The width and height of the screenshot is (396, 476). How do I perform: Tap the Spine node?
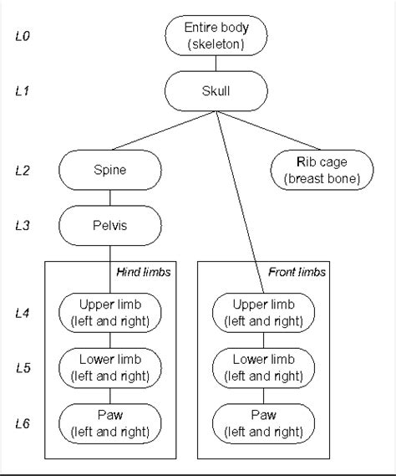tap(110, 170)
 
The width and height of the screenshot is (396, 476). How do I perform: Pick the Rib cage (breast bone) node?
tap(322, 170)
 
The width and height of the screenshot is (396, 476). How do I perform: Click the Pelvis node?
tap(110, 225)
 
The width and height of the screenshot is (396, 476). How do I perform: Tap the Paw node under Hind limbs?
tap(110, 423)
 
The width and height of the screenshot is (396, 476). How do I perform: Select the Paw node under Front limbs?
tap(264, 423)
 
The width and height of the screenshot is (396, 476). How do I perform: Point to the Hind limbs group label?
tap(149, 272)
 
